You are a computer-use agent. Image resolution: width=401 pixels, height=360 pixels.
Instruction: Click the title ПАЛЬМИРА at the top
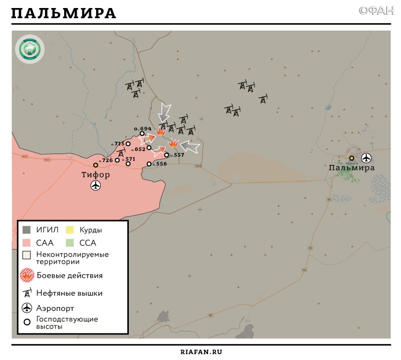click(64, 13)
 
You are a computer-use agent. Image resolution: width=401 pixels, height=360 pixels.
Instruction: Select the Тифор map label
click(96, 175)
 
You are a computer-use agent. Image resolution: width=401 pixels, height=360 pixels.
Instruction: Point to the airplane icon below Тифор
click(96, 186)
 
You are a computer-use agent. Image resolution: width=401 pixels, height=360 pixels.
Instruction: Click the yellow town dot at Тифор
click(95, 165)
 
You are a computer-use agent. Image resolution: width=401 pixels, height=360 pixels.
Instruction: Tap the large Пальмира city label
click(352, 168)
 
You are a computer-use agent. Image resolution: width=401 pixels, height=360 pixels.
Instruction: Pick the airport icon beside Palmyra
click(366, 158)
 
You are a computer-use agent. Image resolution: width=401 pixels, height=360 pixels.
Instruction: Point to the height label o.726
click(106, 160)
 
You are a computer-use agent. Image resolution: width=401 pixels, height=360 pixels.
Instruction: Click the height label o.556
click(160, 164)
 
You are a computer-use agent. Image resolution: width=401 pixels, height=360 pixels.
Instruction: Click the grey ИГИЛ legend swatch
click(27, 230)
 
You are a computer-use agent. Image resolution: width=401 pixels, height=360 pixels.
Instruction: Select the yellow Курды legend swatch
click(83, 230)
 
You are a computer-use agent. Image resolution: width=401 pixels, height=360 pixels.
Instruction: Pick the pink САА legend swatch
click(27, 243)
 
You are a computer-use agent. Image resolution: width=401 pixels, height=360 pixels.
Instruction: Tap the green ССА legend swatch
click(83, 243)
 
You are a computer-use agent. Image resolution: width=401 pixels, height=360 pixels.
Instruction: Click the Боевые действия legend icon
click(27, 275)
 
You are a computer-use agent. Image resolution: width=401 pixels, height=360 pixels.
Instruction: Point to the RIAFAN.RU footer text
click(200, 351)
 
